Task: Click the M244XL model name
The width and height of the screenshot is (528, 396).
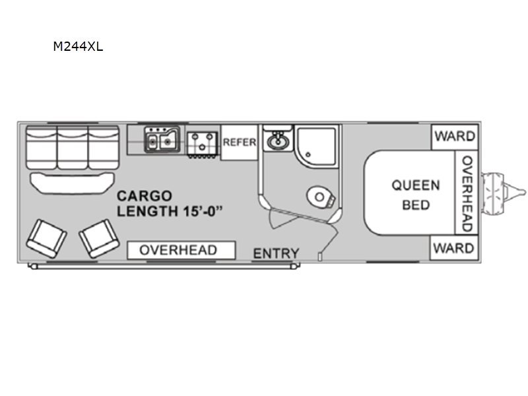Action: pyautogui.click(x=78, y=46)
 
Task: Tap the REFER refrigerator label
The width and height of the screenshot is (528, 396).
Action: pyautogui.click(x=240, y=143)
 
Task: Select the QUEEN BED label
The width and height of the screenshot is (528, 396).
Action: pyautogui.click(x=416, y=195)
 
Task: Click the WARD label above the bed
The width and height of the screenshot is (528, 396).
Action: pyautogui.click(x=455, y=137)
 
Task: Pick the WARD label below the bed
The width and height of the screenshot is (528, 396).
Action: pyautogui.click(x=454, y=249)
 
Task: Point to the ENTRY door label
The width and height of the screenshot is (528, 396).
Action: pyautogui.click(x=276, y=253)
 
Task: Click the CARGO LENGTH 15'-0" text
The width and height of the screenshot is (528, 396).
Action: pyautogui.click(x=170, y=204)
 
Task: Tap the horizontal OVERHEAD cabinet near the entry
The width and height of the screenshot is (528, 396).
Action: pyautogui.click(x=181, y=250)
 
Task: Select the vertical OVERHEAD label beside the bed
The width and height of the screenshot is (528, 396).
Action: pyautogui.click(x=467, y=193)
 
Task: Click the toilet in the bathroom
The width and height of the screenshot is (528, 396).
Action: pyautogui.click(x=321, y=197)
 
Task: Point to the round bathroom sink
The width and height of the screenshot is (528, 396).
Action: pyautogui.click(x=278, y=141)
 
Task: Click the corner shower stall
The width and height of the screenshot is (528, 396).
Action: pyautogui.click(x=317, y=147)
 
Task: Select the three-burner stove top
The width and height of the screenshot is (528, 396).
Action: pyautogui.click(x=202, y=144)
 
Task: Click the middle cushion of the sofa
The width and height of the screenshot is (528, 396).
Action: pyautogui.click(x=73, y=147)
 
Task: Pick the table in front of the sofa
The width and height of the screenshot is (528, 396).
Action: pyautogui.click(x=73, y=183)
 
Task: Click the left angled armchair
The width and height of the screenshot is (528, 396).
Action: pyautogui.click(x=46, y=238)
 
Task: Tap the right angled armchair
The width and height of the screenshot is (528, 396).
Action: pyautogui.click(x=100, y=238)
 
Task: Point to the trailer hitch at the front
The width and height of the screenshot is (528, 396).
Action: pyautogui.click(x=503, y=193)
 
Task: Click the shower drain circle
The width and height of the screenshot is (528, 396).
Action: pyautogui.click(x=308, y=155)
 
